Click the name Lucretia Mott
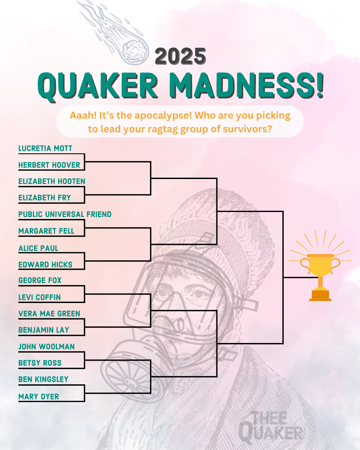click(45, 148)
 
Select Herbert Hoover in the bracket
click(49, 165)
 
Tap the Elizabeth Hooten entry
click(52, 181)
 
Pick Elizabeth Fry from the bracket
click(45, 198)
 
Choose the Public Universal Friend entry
click(65, 214)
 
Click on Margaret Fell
click(46, 231)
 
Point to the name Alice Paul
click(38, 248)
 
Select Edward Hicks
click(45, 265)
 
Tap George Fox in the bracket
click(40, 280)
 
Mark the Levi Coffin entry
click(40, 297)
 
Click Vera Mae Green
click(49, 314)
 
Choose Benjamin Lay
click(44, 330)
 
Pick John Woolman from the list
click(46, 347)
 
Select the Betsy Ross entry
click(40, 363)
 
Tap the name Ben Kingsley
click(43, 379)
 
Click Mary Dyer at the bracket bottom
click(39, 397)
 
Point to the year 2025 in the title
click(180, 56)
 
